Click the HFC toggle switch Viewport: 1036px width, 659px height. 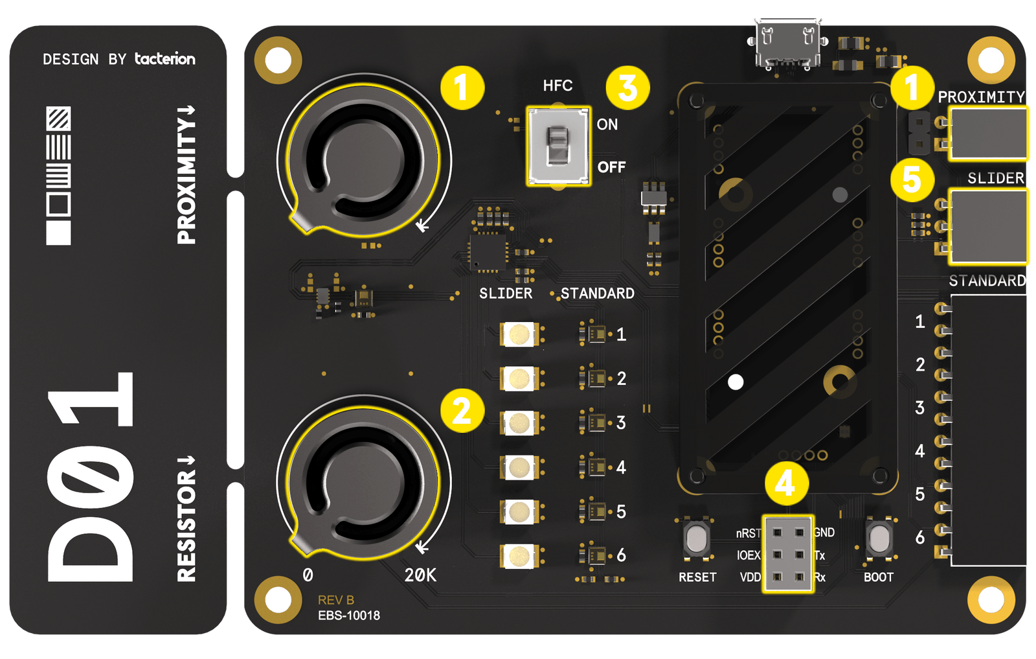557,146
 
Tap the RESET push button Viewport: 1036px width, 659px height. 697,539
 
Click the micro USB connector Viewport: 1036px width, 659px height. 787,43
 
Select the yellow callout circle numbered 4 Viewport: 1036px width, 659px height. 785,483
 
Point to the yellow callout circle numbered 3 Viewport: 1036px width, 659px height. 627,87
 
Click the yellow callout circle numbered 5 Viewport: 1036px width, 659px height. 912,179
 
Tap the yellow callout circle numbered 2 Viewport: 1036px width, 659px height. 462,410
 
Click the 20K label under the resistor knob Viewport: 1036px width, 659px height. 420,575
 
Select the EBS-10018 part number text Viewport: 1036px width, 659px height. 348,616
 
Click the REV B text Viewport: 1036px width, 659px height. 335,600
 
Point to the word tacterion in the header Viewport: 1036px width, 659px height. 164,59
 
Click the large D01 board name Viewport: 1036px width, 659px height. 91,476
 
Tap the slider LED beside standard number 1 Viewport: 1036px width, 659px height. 519,334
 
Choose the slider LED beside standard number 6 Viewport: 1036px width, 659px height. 519,556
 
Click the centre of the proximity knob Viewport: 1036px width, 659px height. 363,159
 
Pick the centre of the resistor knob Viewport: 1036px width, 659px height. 363,481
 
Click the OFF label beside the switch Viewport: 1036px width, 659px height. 611,167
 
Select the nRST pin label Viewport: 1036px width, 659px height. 748,533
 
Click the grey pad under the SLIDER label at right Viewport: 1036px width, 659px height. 988,226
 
